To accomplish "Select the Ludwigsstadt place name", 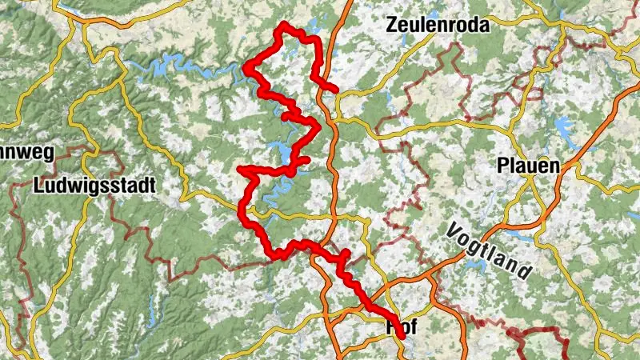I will point(95,185).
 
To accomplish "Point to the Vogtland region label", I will point(490,249).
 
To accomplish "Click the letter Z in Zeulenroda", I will point(392,24).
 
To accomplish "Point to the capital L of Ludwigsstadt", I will point(40,185).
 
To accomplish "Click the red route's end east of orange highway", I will point(335,89).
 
